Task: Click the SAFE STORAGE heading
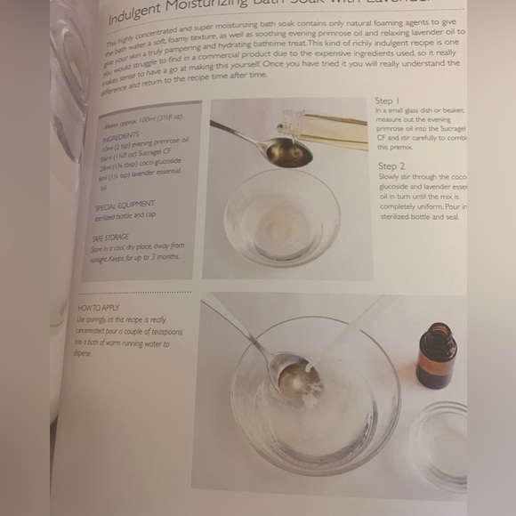(x=111, y=238)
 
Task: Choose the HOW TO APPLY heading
(x=99, y=308)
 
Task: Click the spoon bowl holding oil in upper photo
(x=289, y=153)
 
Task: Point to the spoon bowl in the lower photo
(x=297, y=375)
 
